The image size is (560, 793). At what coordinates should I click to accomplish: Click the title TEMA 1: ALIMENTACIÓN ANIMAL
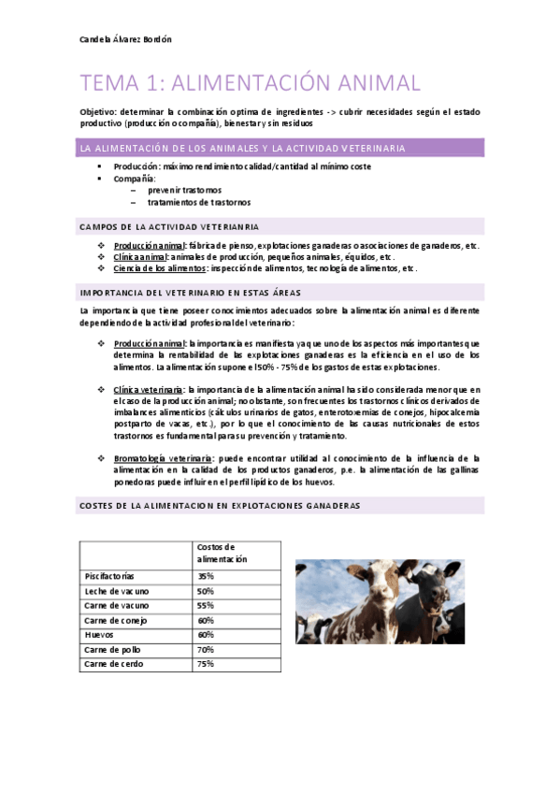(251, 83)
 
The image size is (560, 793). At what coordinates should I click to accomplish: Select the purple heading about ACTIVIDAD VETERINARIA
(243, 148)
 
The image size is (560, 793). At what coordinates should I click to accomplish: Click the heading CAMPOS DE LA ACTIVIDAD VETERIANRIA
(170, 226)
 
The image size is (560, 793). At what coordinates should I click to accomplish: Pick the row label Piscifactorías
(109, 576)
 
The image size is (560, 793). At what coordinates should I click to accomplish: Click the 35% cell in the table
(206, 576)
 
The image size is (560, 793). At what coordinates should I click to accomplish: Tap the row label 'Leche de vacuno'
(116, 591)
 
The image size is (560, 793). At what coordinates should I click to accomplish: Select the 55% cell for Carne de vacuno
(206, 605)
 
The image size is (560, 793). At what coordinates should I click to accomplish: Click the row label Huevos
(99, 634)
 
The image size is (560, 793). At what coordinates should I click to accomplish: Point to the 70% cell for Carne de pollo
(206, 649)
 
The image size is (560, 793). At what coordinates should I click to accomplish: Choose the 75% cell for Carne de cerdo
(206, 664)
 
